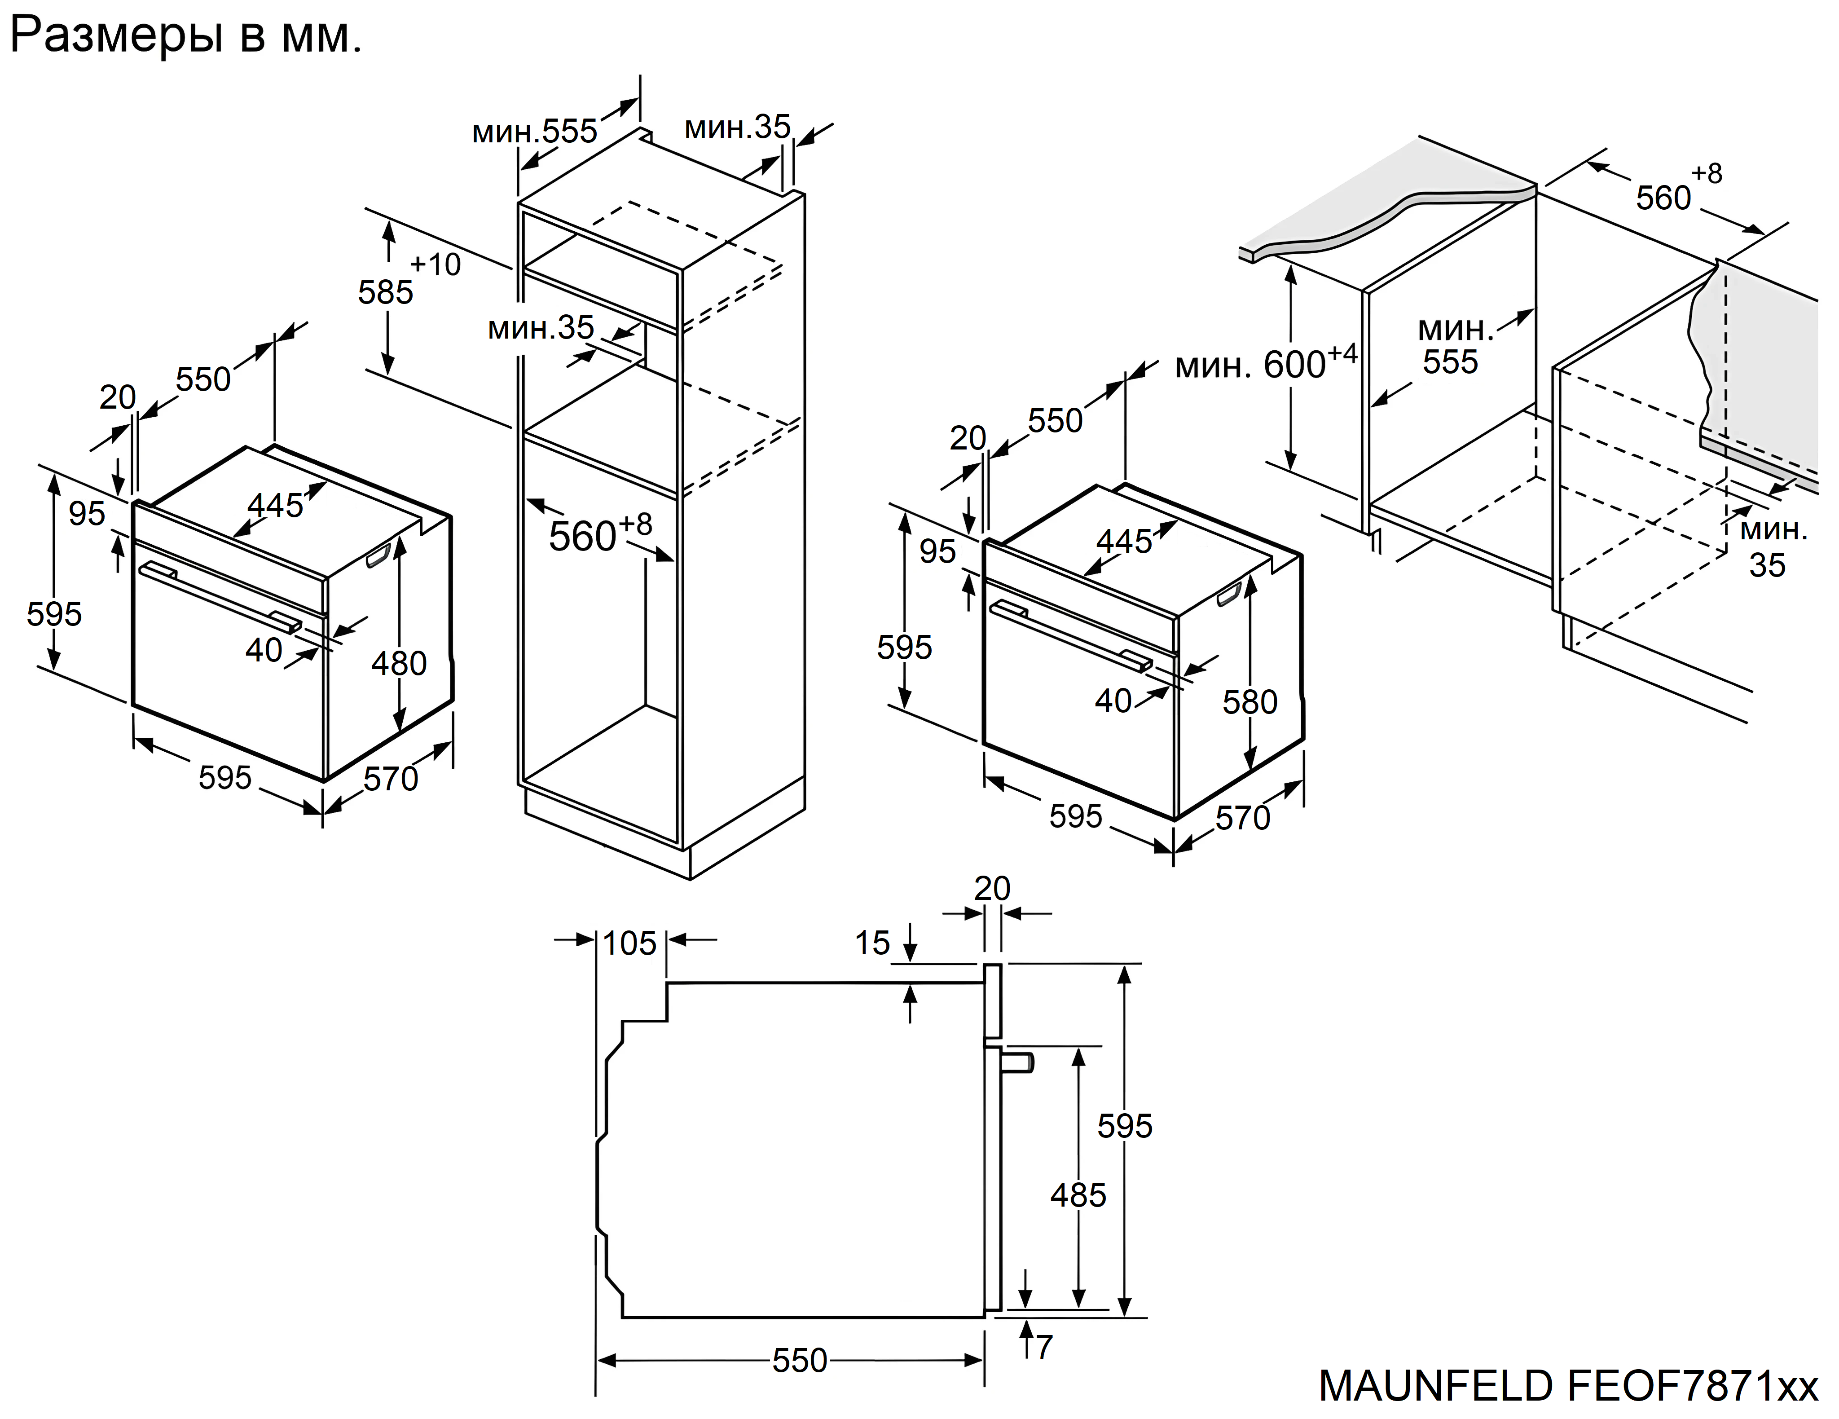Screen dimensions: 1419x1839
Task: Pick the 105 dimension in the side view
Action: [x=630, y=943]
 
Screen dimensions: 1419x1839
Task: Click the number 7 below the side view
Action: [x=1044, y=1348]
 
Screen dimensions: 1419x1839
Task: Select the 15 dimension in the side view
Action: [x=872, y=943]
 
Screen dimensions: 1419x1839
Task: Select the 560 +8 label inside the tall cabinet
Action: [x=599, y=534]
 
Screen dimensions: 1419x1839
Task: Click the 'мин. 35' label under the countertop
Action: [x=1773, y=547]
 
